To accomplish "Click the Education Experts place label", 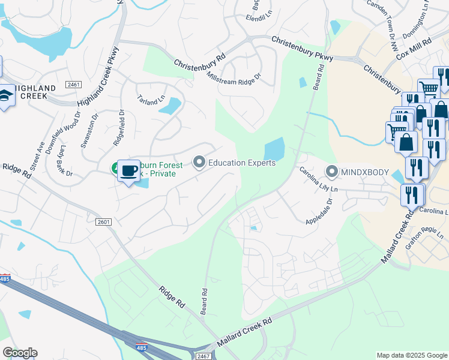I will tap(242, 163).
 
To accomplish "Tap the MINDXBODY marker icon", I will tap(332, 171).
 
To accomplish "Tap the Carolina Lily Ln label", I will tap(319, 179).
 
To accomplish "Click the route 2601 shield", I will tap(103, 222).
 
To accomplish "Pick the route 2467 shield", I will tap(202, 356).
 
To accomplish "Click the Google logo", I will tap(20, 353).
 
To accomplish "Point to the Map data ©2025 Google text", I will tap(411, 355).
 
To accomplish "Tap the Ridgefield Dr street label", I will tap(118, 127).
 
